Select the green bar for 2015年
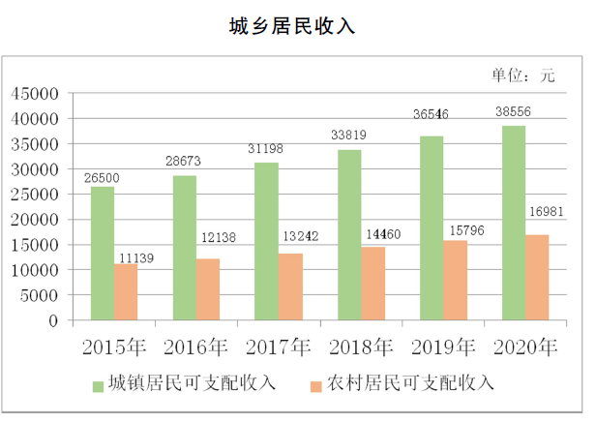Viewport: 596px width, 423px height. tap(103, 253)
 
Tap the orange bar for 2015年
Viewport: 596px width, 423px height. tap(126, 291)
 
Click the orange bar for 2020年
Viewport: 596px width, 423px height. tap(538, 277)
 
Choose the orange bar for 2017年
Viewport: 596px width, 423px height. tap(290, 287)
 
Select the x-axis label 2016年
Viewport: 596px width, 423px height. tap(196, 347)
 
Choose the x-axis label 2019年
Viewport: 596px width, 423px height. tap(444, 347)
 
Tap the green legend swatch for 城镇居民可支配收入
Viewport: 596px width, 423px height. tap(100, 384)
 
